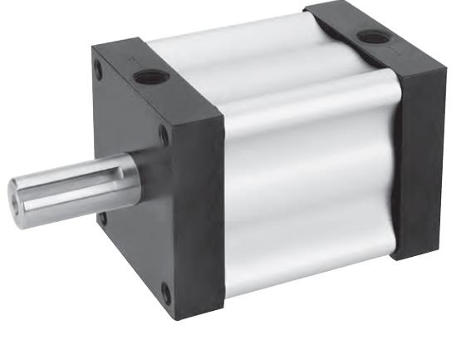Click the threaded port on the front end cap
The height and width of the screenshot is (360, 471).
click(152, 76)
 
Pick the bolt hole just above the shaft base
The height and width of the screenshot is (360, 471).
click(164, 136)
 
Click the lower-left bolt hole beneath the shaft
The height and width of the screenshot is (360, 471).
click(102, 219)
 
